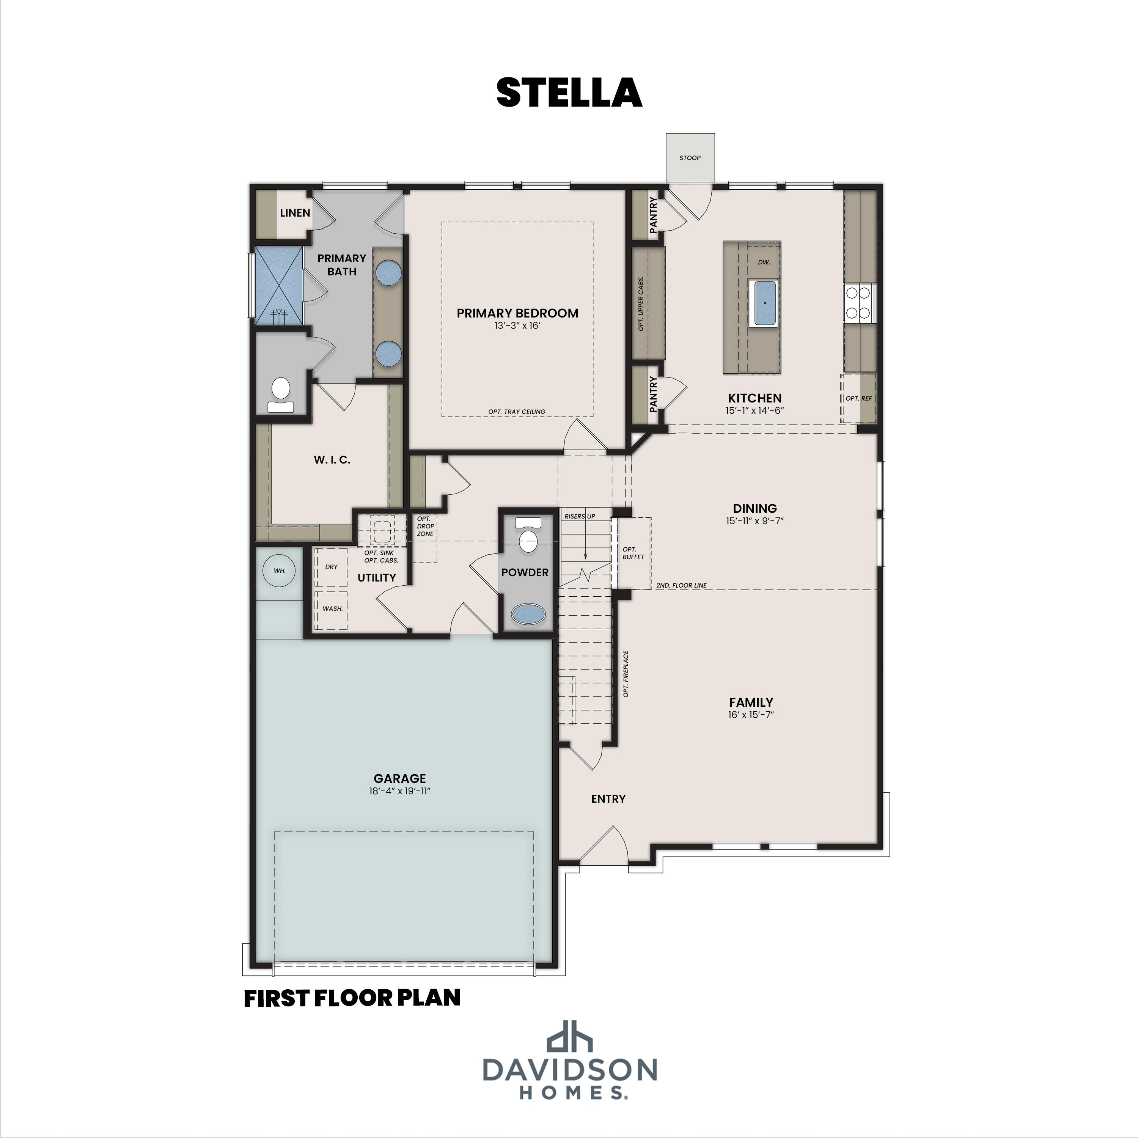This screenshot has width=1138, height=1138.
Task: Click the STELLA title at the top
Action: (x=569, y=93)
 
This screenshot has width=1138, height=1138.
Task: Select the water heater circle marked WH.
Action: (x=279, y=570)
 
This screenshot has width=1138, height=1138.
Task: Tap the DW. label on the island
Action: (x=764, y=262)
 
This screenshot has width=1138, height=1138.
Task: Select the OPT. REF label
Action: (x=858, y=398)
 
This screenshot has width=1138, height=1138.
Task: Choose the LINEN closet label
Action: (x=295, y=213)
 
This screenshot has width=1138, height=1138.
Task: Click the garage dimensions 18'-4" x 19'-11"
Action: (x=400, y=791)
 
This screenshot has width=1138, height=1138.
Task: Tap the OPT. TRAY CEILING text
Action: (x=517, y=412)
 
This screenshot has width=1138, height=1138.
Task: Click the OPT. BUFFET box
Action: (x=633, y=553)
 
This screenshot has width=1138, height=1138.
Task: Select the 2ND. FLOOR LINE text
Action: (x=681, y=585)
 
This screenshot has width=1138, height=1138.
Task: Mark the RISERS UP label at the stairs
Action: (x=580, y=516)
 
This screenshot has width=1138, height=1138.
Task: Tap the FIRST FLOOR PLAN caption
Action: (x=352, y=998)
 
